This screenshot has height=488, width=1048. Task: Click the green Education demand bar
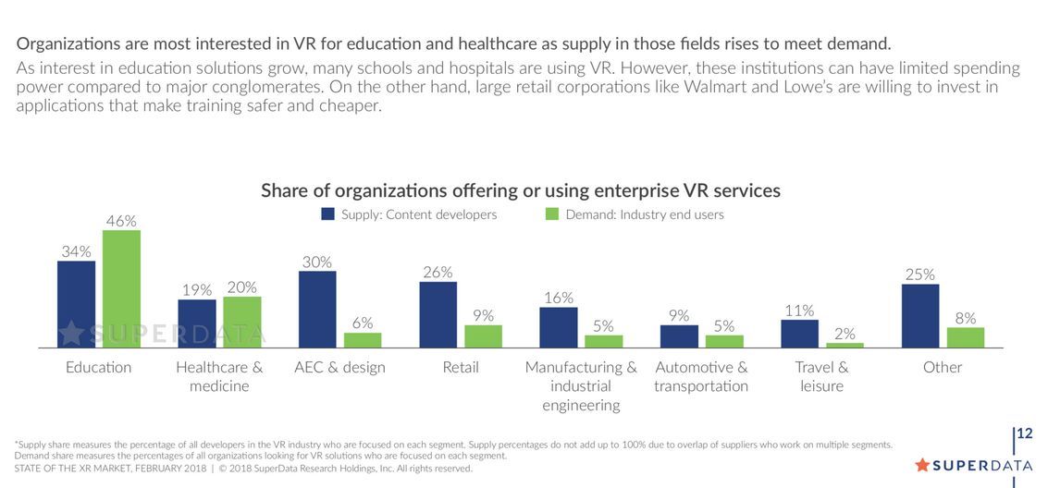[121, 288]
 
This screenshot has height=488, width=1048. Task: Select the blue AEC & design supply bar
[317, 309]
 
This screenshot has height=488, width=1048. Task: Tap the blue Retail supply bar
[438, 314]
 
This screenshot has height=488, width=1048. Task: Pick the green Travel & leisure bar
[845, 345]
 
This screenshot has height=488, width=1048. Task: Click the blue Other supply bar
[920, 315]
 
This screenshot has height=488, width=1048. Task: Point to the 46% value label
[121, 221]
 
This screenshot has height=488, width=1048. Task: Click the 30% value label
[317, 262]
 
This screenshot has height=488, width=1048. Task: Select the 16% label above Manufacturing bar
[559, 298]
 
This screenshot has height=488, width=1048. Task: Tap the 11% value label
[799, 311]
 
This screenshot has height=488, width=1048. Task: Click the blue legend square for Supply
[327, 214]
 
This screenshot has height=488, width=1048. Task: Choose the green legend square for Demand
[552, 214]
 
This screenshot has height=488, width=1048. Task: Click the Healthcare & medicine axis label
[219, 376]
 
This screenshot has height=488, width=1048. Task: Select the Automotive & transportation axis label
[701, 376]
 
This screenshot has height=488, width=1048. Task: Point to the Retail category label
[461, 367]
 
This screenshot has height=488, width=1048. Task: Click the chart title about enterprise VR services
[521, 190]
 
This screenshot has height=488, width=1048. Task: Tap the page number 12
[1025, 433]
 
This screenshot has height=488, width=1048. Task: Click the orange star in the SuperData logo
[921, 465]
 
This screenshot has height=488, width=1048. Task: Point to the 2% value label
[845, 334]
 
